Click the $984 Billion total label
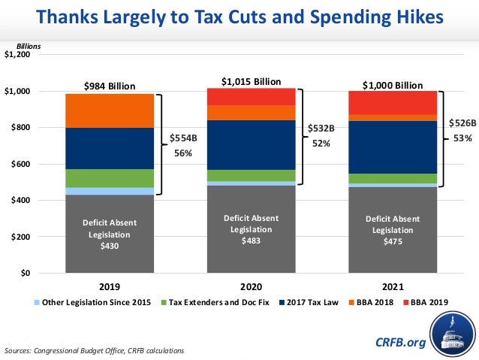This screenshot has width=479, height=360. coord(110,86)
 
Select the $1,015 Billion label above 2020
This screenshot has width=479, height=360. coord(252,80)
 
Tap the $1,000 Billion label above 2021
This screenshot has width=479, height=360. coord(393,85)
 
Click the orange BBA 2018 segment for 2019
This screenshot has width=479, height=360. coord(110,110)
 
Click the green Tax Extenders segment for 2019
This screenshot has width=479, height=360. coord(110,178)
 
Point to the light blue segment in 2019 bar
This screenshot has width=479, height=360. coord(110,191)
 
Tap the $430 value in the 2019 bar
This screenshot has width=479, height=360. coord(110,246)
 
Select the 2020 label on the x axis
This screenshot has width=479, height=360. coord(252,286)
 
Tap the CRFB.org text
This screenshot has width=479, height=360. coord(400,342)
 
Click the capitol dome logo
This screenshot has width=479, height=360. coord(450,334)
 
